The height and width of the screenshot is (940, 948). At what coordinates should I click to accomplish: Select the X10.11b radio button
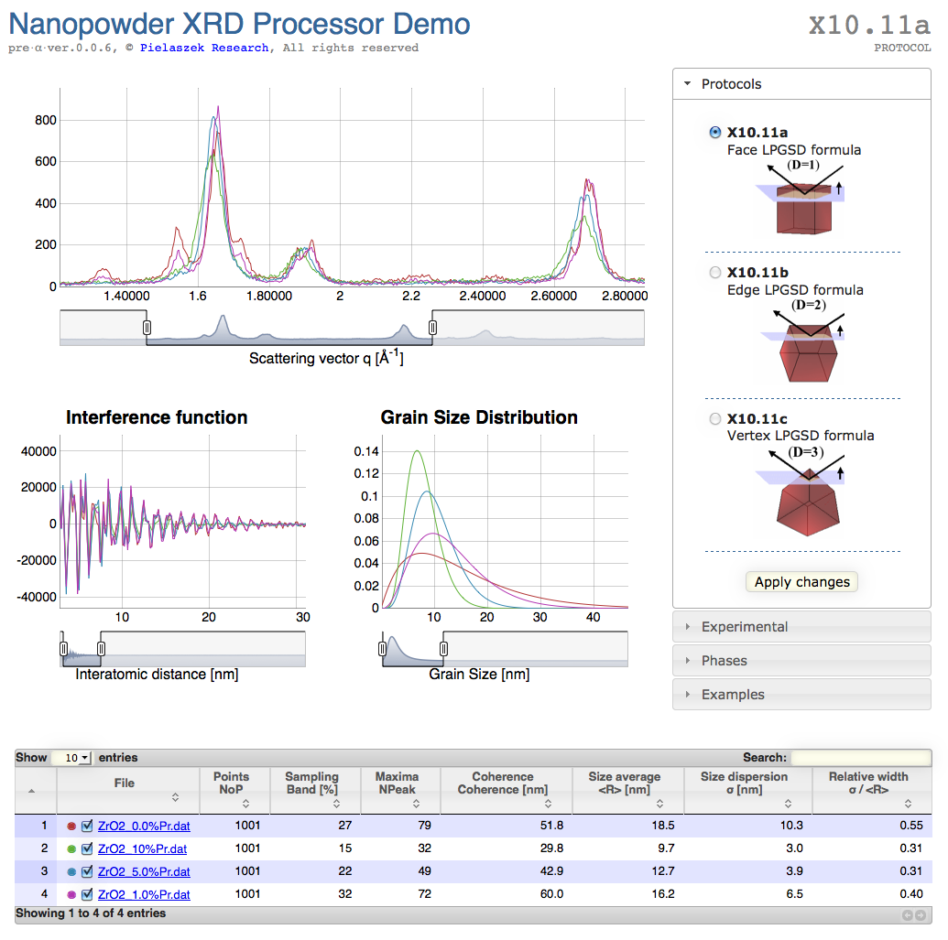tap(715, 272)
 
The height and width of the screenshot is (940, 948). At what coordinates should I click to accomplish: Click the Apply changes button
tap(801, 582)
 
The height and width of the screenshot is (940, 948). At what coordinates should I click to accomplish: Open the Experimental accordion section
tap(744, 627)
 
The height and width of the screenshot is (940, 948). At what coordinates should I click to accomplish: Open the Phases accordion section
tap(724, 661)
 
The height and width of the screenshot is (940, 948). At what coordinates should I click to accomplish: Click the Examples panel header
tap(732, 695)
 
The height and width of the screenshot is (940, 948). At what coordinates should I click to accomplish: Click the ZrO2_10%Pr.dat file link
tap(142, 848)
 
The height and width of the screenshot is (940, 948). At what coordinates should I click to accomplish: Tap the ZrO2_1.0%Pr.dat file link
tap(144, 894)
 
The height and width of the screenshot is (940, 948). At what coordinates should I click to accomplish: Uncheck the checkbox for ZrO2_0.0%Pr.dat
tap(87, 826)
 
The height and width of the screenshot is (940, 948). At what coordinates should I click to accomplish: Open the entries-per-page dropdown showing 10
tap(71, 758)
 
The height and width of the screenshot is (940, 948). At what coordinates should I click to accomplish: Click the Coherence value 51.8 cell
tap(552, 826)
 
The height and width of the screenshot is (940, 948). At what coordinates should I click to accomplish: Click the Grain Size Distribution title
tap(479, 417)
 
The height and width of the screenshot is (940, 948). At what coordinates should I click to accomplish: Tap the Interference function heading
tap(157, 417)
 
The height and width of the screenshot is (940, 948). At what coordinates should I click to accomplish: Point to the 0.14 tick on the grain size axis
tap(366, 451)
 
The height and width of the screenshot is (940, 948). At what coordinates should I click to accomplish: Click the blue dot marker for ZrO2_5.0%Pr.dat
tap(71, 871)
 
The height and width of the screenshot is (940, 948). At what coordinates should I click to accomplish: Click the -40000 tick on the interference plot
tap(37, 597)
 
